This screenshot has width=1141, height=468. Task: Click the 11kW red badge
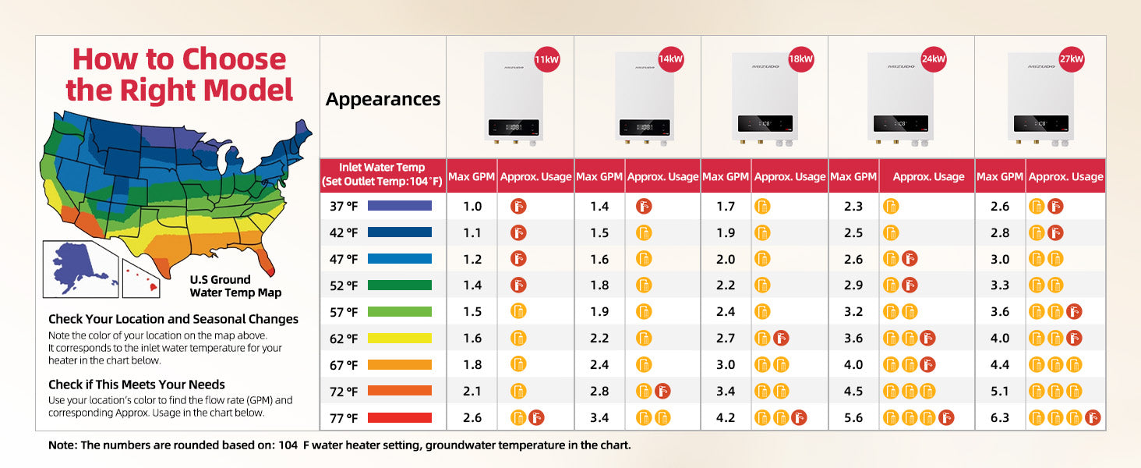coord(546,59)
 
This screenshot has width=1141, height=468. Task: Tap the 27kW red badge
coord(1071,59)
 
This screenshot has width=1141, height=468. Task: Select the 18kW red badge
coord(800,59)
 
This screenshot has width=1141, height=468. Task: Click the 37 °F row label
coord(344,206)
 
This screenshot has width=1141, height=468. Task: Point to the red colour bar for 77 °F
coord(399,418)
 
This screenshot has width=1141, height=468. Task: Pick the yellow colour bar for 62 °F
coord(399,338)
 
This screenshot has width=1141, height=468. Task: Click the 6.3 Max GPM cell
coord(1000,417)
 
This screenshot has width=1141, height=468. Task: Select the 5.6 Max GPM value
coord(853,417)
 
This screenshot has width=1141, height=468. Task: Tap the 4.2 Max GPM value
coord(726,417)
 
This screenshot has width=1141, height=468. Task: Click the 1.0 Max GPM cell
coord(472,206)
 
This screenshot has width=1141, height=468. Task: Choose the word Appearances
coord(383,99)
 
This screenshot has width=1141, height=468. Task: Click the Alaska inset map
coord(80,269)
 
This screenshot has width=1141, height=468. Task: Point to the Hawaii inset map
coord(140,278)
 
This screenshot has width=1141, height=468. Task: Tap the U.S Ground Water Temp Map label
coord(235,286)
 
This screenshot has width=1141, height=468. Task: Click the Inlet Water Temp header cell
coord(383,175)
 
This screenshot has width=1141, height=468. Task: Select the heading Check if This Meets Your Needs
coord(136,385)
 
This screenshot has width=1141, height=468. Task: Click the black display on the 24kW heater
coord(901,123)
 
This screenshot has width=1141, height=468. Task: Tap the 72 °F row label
coord(344,392)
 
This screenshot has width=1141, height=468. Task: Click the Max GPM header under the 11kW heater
coord(472,177)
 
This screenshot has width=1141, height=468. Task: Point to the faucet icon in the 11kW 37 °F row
coord(518,207)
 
